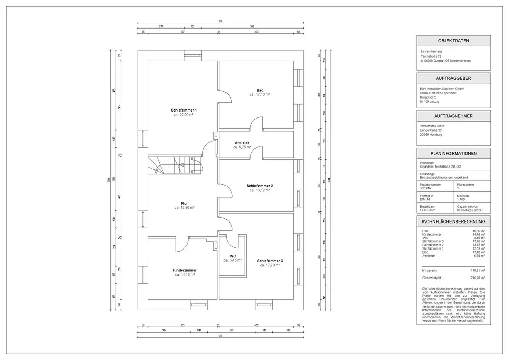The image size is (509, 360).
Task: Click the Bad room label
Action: [259, 90]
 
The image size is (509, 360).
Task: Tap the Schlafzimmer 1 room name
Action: [184, 110]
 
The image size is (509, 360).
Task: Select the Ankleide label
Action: [242, 142]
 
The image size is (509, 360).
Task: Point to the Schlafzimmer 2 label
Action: [260, 186]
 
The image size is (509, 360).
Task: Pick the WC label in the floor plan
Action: [232, 256]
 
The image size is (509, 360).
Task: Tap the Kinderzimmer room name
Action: [185, 270]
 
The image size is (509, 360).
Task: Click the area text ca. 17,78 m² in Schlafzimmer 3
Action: [270, 265]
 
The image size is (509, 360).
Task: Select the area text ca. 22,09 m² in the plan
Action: [184, 115]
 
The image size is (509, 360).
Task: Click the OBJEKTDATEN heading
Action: [454, 41]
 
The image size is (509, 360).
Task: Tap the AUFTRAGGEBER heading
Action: [454, 78]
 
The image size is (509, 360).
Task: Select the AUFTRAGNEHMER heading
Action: [454, 116]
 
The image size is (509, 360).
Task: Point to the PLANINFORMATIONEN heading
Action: [454, 153]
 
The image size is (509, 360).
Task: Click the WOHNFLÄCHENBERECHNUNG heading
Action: [454, 221]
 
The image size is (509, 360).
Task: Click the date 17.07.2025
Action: [428, 210]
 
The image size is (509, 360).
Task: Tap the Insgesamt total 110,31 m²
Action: [477, 271]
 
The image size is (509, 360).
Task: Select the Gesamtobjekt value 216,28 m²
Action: [477, 278]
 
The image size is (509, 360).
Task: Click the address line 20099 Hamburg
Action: [431, 135]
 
